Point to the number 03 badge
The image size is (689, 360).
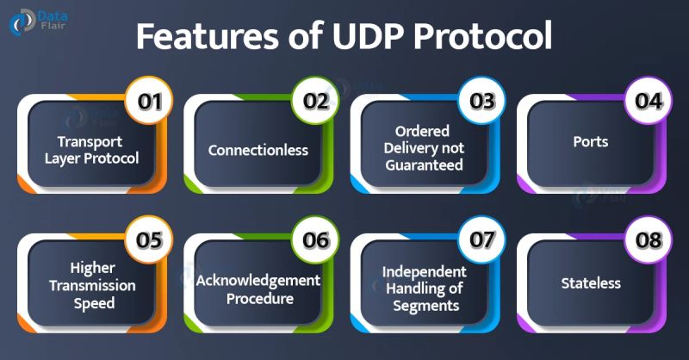click(x=481, y=101)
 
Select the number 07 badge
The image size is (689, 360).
click(x=481, y=240)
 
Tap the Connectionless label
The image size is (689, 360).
click(x=258, y=150)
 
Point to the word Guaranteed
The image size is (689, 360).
click(x=424, y=165)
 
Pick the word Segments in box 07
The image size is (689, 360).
click(x=424, y=305)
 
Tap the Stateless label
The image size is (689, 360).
click(x=591, y=282)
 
